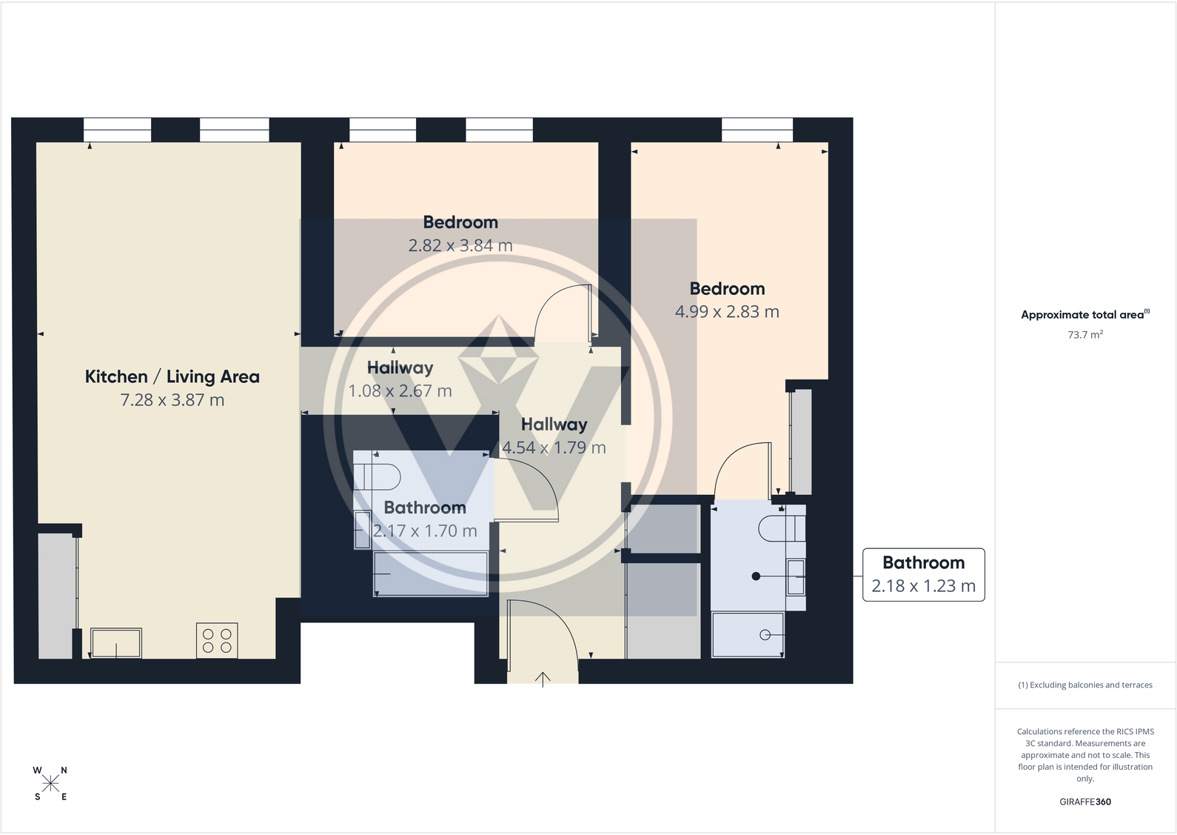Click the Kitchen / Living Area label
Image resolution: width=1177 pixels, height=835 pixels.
(x=172, y=376)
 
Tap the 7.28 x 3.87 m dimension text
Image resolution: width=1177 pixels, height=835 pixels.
(x=172, y=400)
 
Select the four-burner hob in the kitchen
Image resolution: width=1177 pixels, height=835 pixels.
(x=217, y=640)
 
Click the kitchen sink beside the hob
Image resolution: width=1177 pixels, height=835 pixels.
(x=115, y=642)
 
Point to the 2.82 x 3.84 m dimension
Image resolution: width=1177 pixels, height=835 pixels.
(x=460, y=245)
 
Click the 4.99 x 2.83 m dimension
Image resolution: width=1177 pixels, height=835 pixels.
(x=727, y=312)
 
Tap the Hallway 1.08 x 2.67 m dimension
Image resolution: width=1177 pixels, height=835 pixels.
(x=400, y=391)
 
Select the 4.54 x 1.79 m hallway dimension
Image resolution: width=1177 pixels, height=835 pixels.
(x=554, y=448)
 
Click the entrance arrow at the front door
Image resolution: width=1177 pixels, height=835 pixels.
(x=543, y=679)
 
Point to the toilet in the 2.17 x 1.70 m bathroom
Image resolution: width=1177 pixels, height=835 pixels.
(x=381, y=477)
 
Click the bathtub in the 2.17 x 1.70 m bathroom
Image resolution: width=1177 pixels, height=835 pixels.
(x=430, y=573)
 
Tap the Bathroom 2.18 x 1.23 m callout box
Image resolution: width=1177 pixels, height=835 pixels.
(x=923, y=575)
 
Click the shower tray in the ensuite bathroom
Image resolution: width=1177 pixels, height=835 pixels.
(x=748, y=635)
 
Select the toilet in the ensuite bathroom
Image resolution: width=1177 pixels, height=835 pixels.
(x=782, y=528)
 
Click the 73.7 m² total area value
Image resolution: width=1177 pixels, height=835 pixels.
(x=1085, y=334)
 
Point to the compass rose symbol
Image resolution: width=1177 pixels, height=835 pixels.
(x=50, y=783)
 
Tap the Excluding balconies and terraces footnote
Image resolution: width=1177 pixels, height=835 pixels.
(x=1085, y=685)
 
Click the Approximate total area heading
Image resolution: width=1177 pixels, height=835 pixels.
(x=1085, y=314)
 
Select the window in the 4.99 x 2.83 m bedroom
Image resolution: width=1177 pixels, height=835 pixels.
(x=757, y=130)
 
